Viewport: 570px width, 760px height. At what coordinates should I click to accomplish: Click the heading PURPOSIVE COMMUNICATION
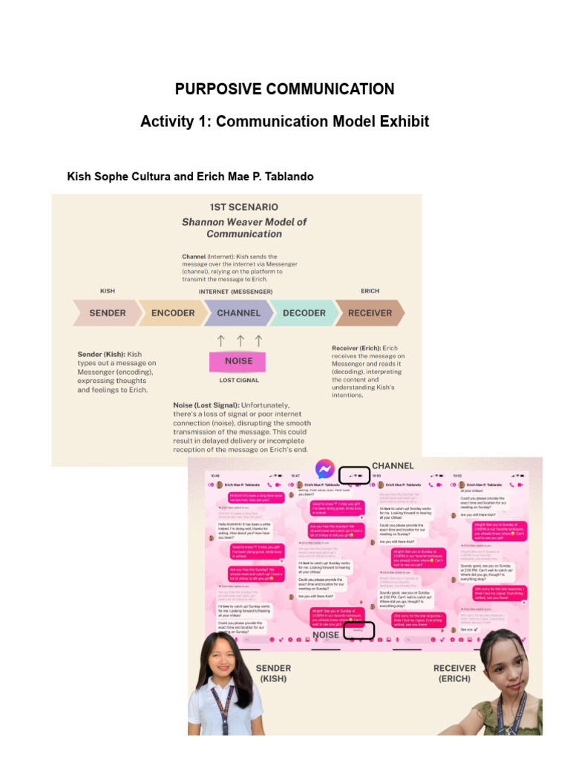coord(284,89)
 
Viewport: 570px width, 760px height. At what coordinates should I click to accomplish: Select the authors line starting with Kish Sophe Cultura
coord(190,177)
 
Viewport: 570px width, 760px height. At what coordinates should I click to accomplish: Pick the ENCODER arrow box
coord(172,313)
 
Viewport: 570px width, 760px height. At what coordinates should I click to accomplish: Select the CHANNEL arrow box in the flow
coord(238,313)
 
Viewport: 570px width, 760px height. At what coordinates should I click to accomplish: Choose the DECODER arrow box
coord(304,313)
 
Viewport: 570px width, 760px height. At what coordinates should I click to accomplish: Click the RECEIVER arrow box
coord(370,313)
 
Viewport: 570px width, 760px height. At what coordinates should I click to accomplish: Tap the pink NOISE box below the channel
coord(238,361)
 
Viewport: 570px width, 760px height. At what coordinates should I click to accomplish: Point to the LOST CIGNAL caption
coord(238,380)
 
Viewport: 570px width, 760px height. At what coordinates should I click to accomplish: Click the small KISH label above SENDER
coord(108,292)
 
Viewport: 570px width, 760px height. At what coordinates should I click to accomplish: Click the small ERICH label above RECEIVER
coord(370,292)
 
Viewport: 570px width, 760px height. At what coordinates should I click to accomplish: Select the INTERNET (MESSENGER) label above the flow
coord(235,292)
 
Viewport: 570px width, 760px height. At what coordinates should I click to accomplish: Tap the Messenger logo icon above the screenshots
coord(324,470)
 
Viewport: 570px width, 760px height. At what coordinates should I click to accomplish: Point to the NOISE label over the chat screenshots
coord(325,635)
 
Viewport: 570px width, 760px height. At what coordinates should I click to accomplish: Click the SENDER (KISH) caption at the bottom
coord(272,673)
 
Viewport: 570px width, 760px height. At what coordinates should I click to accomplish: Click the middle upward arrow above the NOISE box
coord(239,341)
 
